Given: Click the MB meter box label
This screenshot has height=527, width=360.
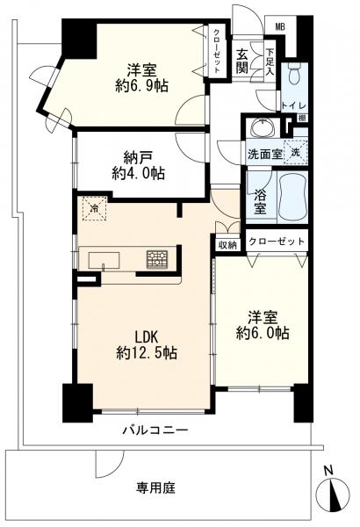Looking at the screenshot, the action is click(x=280, y=27).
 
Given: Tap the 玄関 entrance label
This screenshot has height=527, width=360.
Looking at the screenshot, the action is click(x=241, y=61).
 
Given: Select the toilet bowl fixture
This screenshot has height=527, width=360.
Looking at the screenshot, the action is click(x=294, y=76).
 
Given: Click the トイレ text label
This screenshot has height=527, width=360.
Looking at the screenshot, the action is click(x=294, y=105).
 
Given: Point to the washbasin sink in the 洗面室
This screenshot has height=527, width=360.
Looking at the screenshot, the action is click(x=263, y=127).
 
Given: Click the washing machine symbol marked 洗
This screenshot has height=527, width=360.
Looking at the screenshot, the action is click(x=295, y=152).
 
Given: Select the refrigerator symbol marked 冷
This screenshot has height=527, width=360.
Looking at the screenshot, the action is click(x=95, y=208).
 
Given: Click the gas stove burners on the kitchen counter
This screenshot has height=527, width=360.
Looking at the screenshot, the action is click(x=157, y=260).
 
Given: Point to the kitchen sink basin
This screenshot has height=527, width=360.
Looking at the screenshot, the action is click(x=104, y=261).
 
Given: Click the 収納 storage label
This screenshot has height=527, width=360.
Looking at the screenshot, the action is click(x=228, y=245).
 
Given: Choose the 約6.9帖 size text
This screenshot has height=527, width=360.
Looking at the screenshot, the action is click(x=141, y=87).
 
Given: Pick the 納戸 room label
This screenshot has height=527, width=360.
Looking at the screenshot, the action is click(x=138, y=157).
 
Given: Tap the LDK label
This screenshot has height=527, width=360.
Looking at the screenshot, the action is click(x=147, y=336).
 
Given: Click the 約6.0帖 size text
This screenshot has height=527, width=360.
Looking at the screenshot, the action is click(x=263, y=334).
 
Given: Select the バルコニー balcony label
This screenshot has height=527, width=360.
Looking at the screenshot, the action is click(x=155, y=430).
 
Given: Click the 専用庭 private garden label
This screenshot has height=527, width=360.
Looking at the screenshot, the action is click(x=155, y=487).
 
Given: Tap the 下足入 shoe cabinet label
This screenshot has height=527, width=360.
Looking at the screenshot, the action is click(x=270, y=62).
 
